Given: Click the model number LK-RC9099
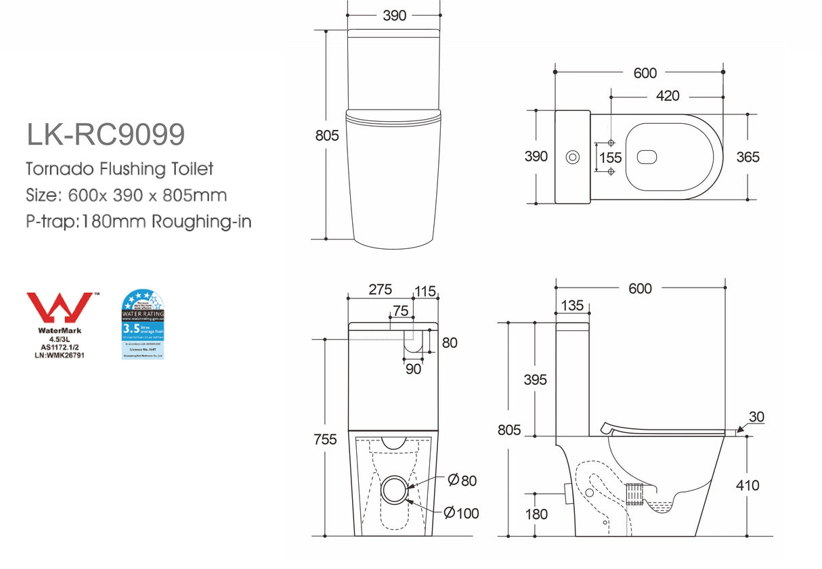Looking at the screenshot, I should [x=105, y=135].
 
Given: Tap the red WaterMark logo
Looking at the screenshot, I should [x=60, y=309].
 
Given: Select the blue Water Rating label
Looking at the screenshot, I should [x=142, y=324].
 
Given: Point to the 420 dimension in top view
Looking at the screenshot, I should [x=667, y=96].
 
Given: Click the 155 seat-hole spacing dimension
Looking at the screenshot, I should [x=610, y=158].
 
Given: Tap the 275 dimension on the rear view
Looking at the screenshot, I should [x=380, y=290].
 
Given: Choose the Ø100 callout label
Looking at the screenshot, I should [x=463, y=513].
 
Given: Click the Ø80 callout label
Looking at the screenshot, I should [x=462, y=480].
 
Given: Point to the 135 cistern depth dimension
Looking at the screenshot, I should [x=572, y=305].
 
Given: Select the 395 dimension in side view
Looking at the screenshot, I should [x=535, y=380].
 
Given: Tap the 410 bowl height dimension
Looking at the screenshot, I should [x=748, y=485].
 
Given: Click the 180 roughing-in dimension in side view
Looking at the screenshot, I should [x=536, y=515].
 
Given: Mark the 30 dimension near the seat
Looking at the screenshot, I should [x=756, y=417].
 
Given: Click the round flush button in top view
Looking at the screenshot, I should [x=573, y=158].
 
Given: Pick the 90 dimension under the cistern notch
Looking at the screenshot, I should [x=413, y=369].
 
